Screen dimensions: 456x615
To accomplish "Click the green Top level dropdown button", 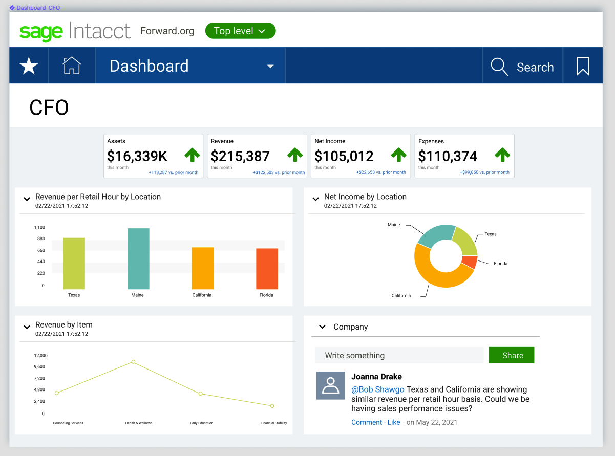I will (x=240, y=31).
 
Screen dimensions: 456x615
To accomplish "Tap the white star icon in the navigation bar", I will (x=29, y=66).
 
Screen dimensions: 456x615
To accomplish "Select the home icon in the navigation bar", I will (x=72, y=66).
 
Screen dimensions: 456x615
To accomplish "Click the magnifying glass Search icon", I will (x=499, y=67).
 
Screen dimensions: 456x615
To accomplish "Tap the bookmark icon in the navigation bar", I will (x=583, y=67).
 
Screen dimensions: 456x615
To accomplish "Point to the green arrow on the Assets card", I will (x=192, y=155).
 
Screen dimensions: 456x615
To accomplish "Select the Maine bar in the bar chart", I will (x=138, y=258).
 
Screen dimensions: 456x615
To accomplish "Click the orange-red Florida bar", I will (x=267, y=269).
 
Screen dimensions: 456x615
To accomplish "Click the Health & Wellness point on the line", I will (x=133, y=362).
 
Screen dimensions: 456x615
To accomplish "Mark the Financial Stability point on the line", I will (x=272, y=406).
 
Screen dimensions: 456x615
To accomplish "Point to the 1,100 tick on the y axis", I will (x=39, y=227).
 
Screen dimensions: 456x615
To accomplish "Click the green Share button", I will (x=511, y=355).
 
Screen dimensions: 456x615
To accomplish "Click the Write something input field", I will (x=399, y=355).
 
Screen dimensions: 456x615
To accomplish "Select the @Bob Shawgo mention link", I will (x=377, y=389).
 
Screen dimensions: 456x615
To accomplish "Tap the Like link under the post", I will (x=394, y=422).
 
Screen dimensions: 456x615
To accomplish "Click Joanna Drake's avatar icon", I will (x=330, y=385).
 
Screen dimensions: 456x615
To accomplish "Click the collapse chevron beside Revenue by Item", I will (x=27, y=327).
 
